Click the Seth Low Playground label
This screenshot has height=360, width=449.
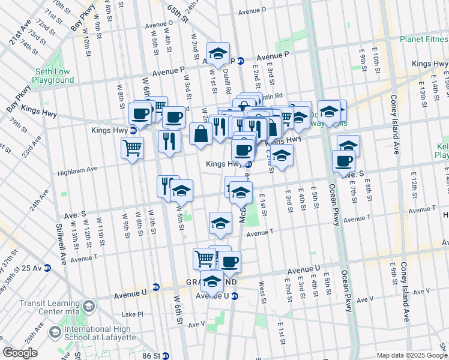pos(53,76)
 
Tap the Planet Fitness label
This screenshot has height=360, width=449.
pos(424,40)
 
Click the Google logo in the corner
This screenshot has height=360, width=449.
pos(20,353)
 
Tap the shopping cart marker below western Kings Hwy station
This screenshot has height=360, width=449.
pos(132,147)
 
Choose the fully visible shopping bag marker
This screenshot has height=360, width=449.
pos(200,134)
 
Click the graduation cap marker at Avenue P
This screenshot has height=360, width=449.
pos(218,53)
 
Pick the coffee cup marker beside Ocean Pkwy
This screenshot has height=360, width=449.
pos(343,161)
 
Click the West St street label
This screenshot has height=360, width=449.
pos(262,292)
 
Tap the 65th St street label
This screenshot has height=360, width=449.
pos(178,12)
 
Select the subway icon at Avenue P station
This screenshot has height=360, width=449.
pos(240,61)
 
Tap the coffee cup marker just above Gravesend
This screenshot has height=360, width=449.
pos(229,262)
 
